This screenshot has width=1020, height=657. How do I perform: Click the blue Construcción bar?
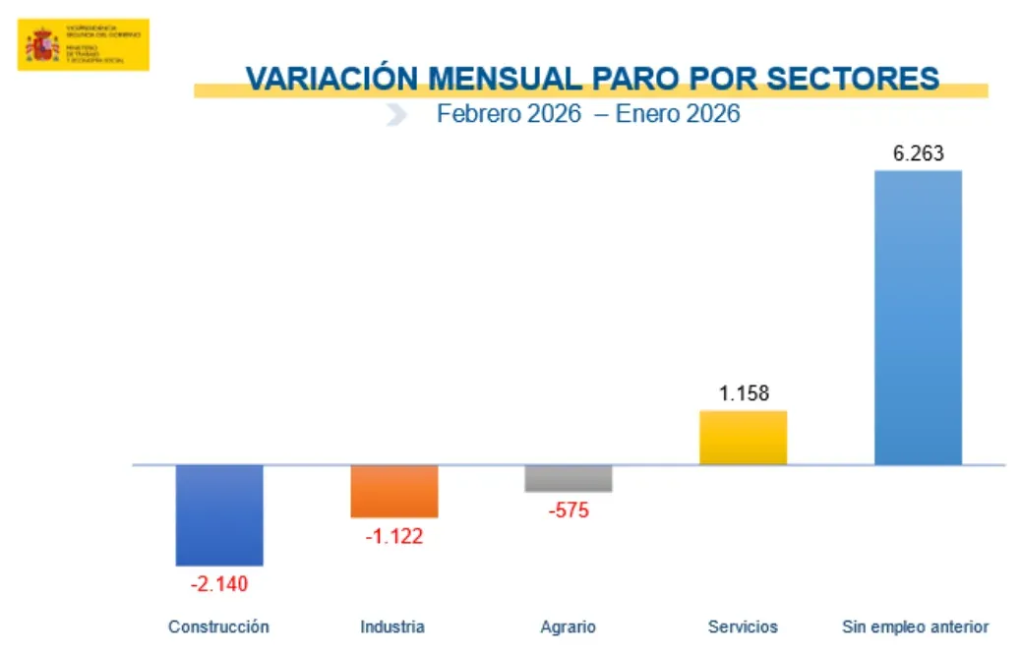tap(219, 514)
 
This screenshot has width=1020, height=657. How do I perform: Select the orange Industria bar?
tap(393, 491)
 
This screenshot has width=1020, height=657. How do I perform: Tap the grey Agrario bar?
tap(568, 478)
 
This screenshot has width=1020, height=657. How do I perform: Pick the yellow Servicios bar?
tap(743, 438)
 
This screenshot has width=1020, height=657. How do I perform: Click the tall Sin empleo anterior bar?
tap(918, 317)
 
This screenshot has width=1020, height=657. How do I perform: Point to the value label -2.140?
tap(219, 583)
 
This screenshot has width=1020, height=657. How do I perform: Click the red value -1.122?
tap(393, 536)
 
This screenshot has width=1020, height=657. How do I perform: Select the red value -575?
tap(568, 510)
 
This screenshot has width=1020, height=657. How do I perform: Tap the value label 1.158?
tap(744, 393)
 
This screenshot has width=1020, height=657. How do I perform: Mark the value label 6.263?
tap(918, 153)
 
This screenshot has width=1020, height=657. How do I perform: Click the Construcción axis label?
tap(218, 627)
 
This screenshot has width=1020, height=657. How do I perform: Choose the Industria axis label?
tap(392, 627)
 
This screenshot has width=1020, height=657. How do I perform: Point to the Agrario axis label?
tap(568, 627)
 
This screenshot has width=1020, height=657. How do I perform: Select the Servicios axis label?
tap(743, 627)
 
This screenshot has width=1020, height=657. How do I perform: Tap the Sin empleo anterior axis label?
tap(916, 627)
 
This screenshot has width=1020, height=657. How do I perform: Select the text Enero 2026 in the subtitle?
tap(678, 114)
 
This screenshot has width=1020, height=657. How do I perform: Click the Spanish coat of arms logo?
tap(41, 44)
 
